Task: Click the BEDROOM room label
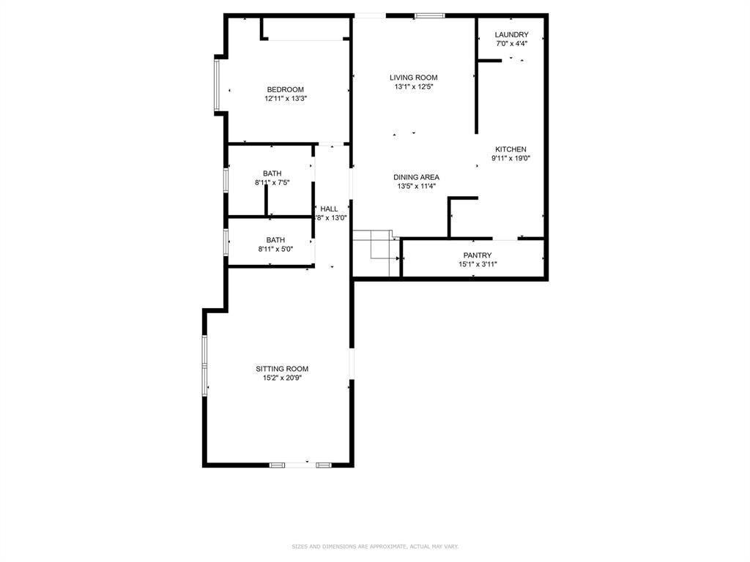coord(285,89)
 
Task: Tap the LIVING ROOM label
coord(413,78)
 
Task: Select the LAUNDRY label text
coord(511,34)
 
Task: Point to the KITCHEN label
coord(510,149)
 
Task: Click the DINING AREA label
coord(416,177)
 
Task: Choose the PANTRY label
coord(477,255)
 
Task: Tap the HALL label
coord(329,209)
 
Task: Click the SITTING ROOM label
coord(281,369)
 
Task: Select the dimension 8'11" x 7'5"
coord(272,183)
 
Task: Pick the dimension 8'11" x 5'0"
coord(275,249)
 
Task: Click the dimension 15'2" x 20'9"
coord(281,378)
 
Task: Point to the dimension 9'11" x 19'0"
coord(510,158)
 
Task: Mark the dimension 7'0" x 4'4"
coord(511,44)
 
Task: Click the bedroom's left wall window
coord(216,84)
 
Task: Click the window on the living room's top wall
coord(429,15)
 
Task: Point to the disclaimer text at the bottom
coord(375,547)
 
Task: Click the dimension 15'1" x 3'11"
coord(477,264)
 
